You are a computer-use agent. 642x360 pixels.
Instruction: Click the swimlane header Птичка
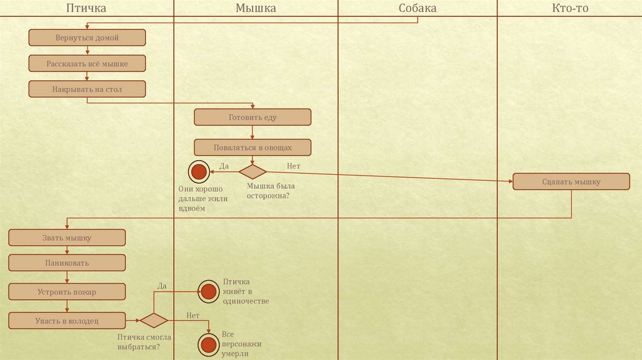[x=87, y=8]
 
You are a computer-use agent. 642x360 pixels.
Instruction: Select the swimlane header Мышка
[x=255, y=8]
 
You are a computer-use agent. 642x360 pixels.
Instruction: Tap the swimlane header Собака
[x=417, y=8]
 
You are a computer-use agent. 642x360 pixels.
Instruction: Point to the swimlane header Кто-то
[x=570, y=8]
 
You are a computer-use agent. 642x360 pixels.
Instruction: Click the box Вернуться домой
[x=87, y=38]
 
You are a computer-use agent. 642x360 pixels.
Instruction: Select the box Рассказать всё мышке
[x=87, y=63]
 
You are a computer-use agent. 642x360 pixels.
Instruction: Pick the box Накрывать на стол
[x=87, y=89]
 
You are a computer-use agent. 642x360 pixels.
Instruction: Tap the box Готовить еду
[x=252, y=117]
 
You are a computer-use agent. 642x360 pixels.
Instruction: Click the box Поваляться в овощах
[x=252, y=147]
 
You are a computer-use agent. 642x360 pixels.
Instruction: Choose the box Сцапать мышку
[x=571, y=182]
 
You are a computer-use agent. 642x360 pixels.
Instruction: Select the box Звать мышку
[x=67, y=238]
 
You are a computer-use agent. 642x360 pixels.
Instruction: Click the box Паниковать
[x=67, y=263]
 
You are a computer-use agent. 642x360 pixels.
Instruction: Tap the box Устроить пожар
[x=67, y=292]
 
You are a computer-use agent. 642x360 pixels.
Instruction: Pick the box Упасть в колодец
[x=67, y=321]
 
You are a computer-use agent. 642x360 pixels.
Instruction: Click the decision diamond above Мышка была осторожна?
[x=253, y=171]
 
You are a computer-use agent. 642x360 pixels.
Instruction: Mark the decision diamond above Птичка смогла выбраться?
[x=154, y=320]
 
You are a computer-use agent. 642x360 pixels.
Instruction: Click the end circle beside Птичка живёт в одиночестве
[x=208, y=291]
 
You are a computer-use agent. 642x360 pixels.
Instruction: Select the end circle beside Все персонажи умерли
[x=208, y=344]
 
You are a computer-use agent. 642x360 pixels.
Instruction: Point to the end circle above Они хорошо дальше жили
[x=199, y=171]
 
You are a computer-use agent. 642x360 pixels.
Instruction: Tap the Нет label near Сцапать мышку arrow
[x=293, y=166]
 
